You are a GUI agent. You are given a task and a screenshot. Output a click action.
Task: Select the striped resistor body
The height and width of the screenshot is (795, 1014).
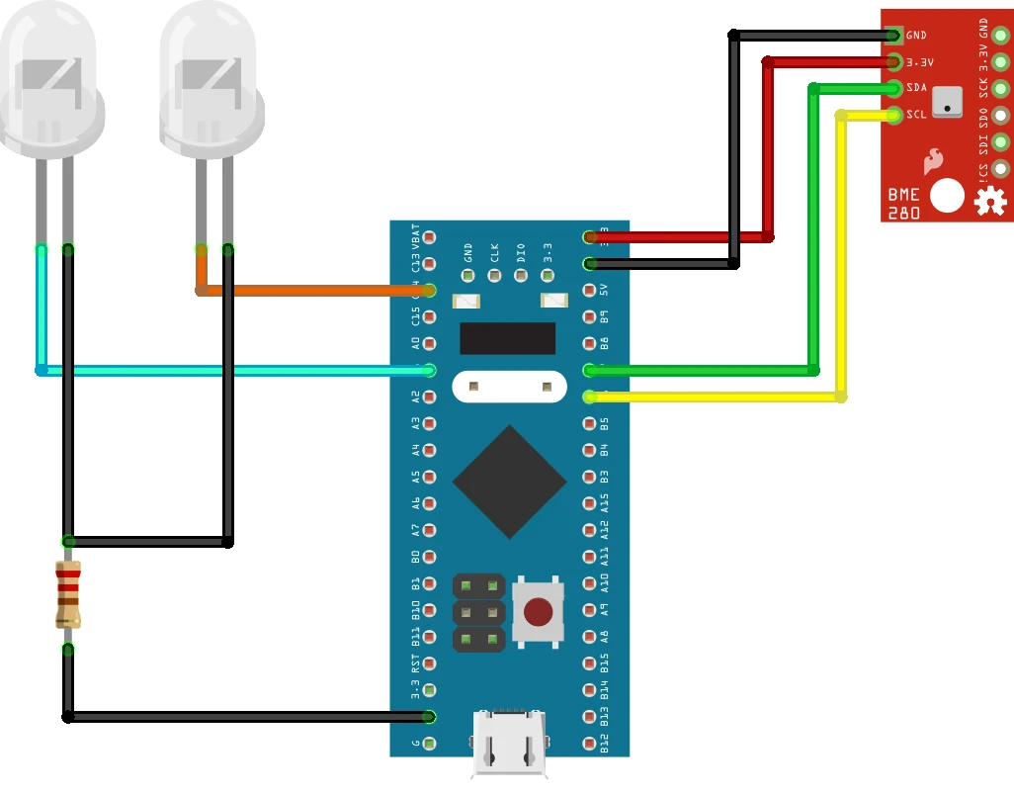[68, 594]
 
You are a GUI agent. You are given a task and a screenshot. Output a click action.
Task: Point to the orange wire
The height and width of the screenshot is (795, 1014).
[316, 291]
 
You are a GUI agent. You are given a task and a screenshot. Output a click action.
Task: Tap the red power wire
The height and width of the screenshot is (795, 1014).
[682, 237]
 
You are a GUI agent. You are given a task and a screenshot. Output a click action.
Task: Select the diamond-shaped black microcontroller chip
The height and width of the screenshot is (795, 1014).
[509, 482]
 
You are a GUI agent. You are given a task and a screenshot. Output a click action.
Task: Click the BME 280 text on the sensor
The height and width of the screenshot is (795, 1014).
[905, 204]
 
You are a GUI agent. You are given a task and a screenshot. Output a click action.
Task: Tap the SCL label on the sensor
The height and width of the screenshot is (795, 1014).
[916, 115]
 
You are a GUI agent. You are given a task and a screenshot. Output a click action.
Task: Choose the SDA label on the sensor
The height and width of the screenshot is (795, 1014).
[916, 88]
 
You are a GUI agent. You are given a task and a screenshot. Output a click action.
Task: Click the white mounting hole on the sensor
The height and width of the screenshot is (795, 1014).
[947, 195]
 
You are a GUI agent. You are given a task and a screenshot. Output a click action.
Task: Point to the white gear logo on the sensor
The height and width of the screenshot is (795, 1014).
[988, 202]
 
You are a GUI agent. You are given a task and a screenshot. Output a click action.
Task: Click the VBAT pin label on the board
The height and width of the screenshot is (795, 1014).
[416, 237]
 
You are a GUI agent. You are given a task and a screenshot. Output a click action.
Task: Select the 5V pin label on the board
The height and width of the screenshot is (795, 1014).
[604, 291]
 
